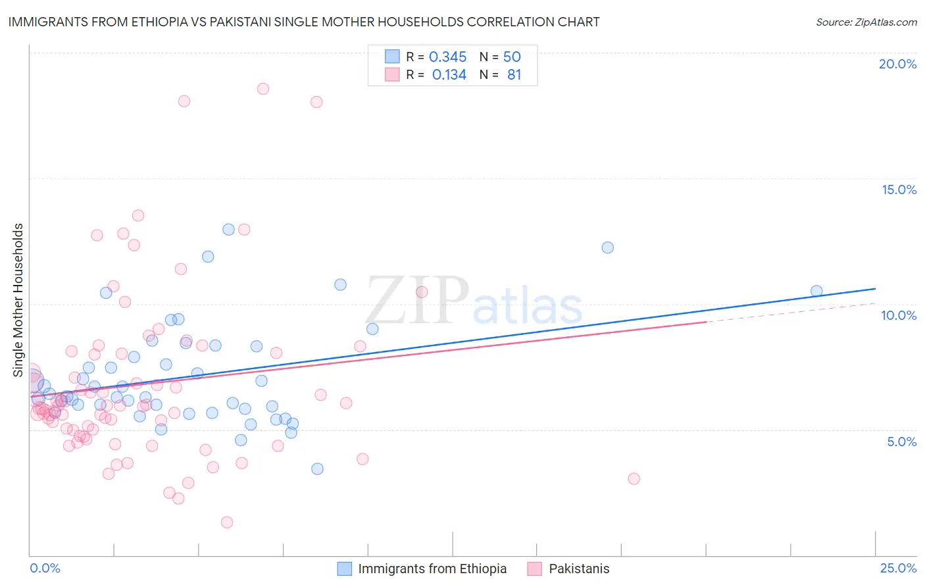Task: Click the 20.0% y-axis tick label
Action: [897, 64]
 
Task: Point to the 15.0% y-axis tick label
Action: [899, 190]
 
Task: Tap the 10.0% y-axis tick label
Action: [899, 315]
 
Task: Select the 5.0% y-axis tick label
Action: [901, 442]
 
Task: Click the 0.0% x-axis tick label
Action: [45, 568]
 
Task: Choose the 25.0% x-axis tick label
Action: [898, 568]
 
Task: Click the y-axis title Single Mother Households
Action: [18, 300]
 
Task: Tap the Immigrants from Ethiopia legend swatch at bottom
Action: [345, 569]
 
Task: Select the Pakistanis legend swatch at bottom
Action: [534, 569]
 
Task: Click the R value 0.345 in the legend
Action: [447, 57]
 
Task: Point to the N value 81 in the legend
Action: [514, 75]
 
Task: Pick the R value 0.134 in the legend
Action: [449, 75]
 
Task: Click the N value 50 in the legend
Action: [512, 57]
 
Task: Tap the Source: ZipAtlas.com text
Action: [866, 22]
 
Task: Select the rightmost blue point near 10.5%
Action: [816, 291]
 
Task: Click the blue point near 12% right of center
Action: [608, 247]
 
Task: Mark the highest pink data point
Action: [263, 89]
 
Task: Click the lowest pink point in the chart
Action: [227, 523]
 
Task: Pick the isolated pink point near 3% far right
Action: [634, 478]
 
